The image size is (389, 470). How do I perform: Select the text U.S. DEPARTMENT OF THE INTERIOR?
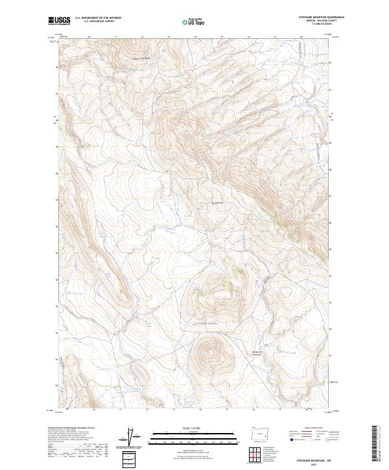(x=98, y=18)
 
